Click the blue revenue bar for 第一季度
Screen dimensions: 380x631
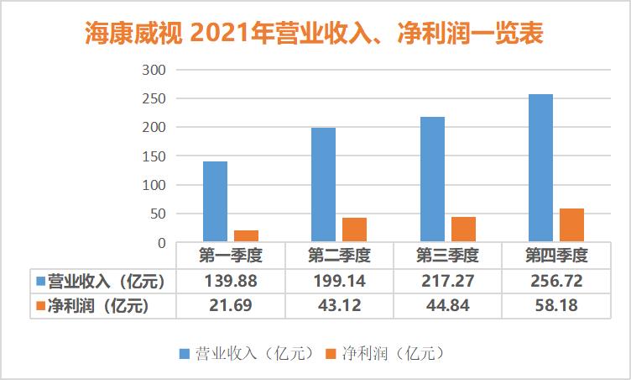(215, 202)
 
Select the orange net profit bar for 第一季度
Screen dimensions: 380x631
(246, 235)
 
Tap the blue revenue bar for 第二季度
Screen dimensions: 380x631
(323, 185)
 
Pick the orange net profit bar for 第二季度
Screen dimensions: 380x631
(354, 230)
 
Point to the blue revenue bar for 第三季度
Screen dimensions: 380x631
(432, 180)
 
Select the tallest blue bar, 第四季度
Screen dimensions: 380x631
(540, 168)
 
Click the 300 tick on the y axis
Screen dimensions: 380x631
(157, 70)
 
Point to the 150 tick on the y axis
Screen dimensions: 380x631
(157, 156)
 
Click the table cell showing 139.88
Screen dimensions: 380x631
(230, 281)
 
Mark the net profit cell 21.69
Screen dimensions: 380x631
(230, 306)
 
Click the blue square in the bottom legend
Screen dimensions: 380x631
(183, 352)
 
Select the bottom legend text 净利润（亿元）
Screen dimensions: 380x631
(391, 352)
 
